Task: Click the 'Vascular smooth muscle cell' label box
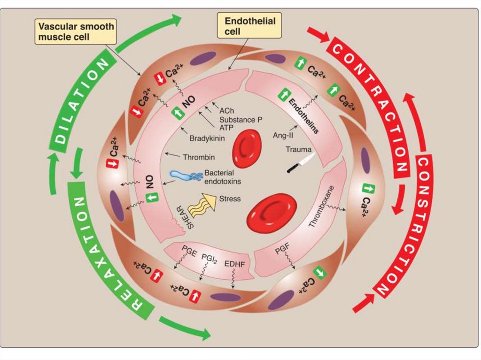76,31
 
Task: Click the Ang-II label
281,135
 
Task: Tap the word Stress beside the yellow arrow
230,199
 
